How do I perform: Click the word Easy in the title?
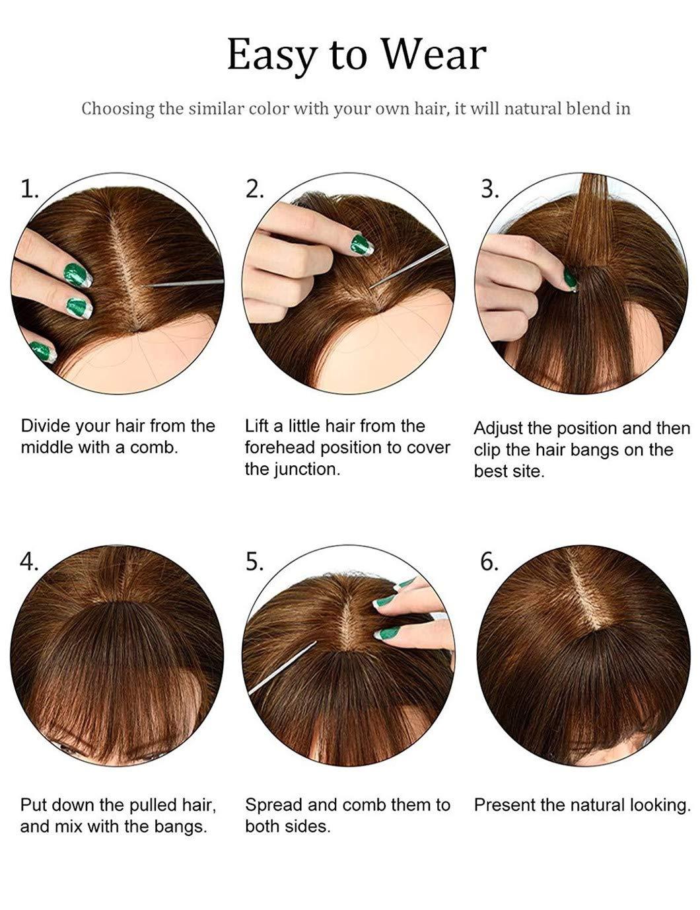[271, 56]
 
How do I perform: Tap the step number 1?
[30, 190]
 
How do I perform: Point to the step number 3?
[489, 190]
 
